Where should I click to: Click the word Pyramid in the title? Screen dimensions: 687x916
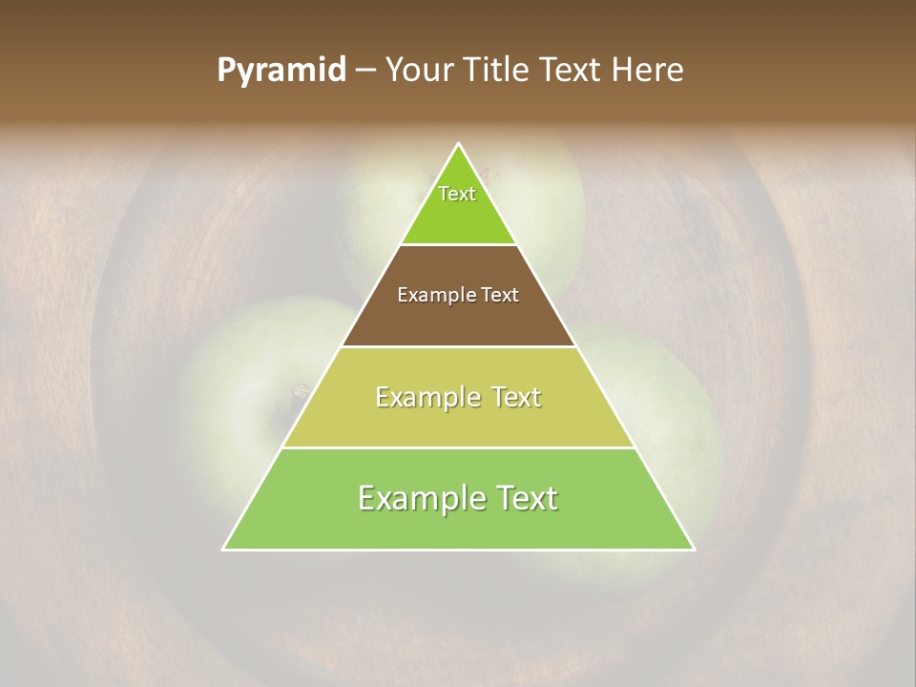point(281,71)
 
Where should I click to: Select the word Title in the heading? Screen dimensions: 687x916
point(499,71)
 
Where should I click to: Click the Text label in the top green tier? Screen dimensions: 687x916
point(457,194)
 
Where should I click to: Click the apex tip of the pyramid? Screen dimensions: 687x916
point(459,144)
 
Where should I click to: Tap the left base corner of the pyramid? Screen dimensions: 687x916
point(224,549)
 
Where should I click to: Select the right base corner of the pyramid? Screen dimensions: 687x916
point(694,549)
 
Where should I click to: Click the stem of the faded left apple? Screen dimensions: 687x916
point(300,391)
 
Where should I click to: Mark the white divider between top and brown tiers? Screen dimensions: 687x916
point(459,245)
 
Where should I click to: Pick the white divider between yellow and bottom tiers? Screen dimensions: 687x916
point(459,448)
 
